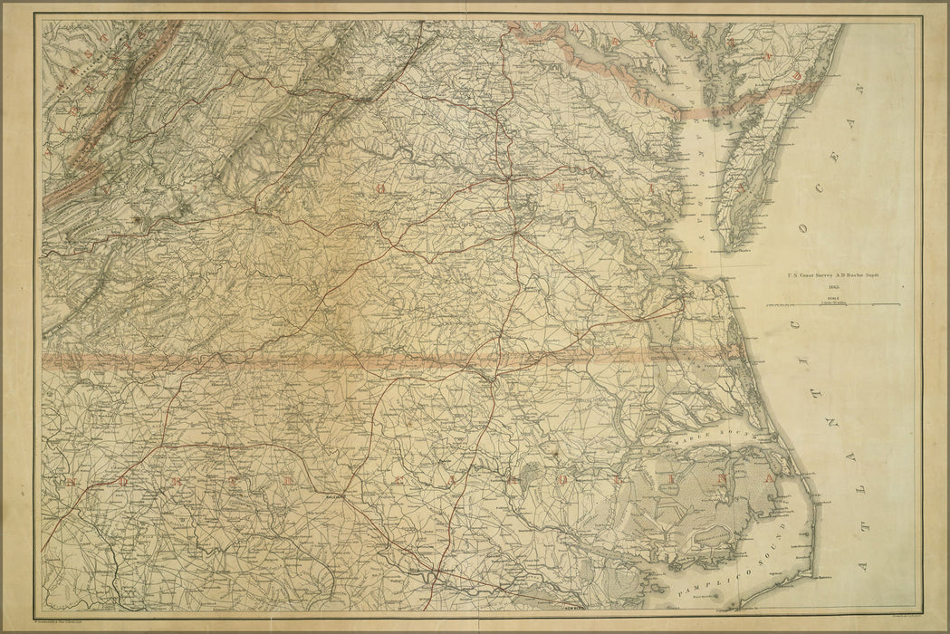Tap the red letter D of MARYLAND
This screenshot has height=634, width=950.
click(x=797, y=77)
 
